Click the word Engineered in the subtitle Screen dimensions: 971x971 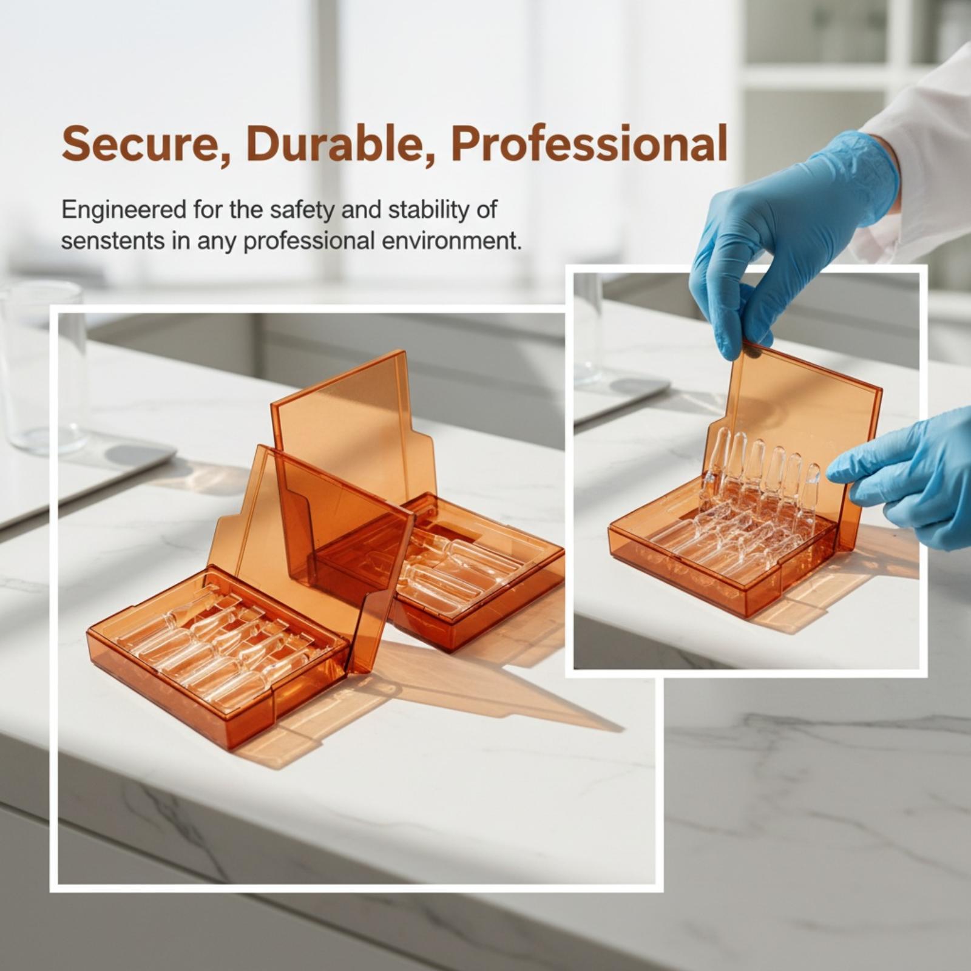pyautogui.click(x=124, y=211)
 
